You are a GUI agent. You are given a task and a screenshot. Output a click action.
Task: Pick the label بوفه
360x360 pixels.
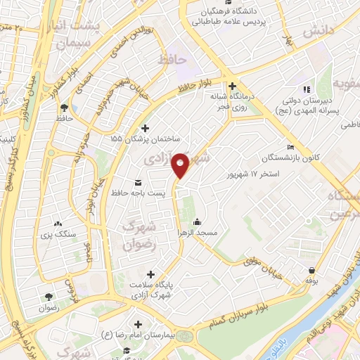coord(312,281)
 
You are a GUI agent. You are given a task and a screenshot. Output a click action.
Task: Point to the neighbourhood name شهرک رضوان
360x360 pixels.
coord(137,236)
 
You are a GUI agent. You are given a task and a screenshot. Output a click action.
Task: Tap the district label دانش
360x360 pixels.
coord(317,32)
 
